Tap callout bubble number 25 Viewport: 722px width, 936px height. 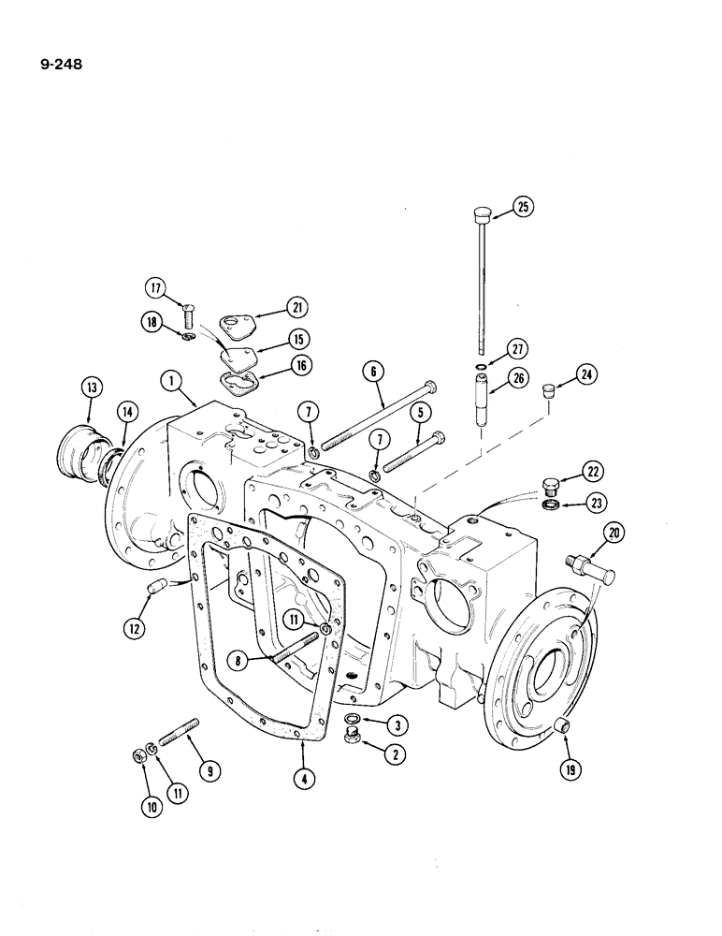click(523, 208)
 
